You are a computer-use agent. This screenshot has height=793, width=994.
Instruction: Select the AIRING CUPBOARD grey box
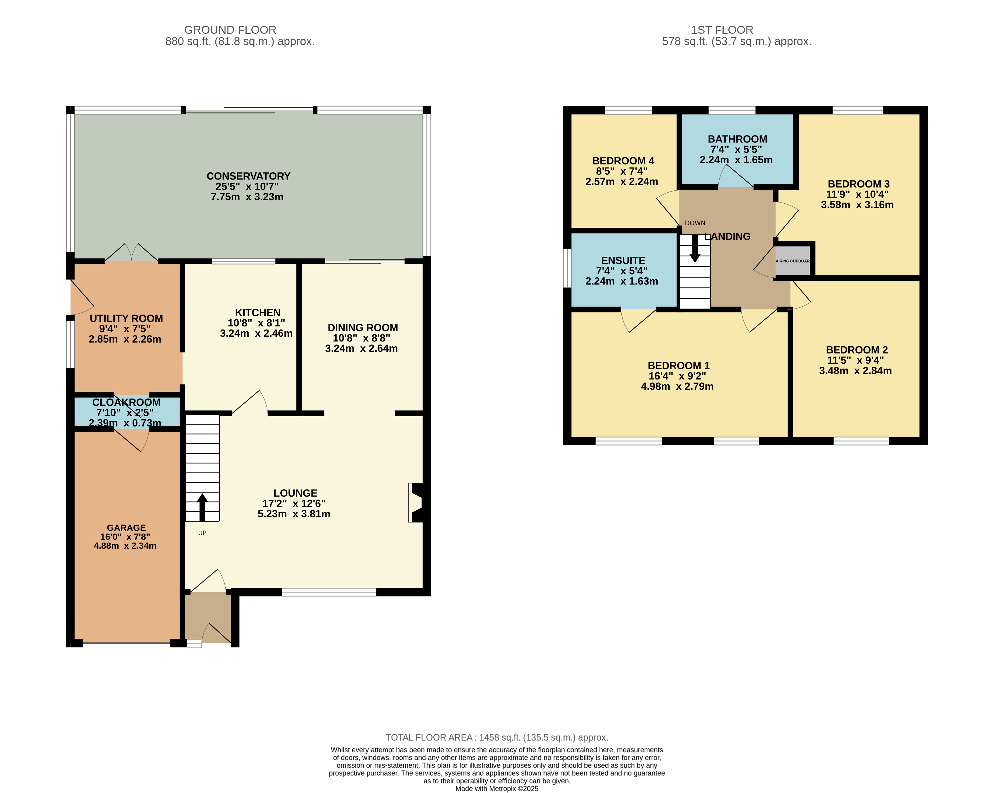[x=792, y=261]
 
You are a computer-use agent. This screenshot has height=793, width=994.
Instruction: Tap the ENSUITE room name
[x=623, y=260]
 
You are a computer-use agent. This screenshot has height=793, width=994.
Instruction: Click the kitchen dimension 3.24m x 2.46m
[x=256, y=333]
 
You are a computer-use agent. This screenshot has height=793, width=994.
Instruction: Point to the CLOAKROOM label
[x=126, y=402]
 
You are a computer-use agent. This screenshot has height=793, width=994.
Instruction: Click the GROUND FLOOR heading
[x=230, y=30]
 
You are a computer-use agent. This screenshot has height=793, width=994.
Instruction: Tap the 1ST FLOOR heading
[x=722, y=30]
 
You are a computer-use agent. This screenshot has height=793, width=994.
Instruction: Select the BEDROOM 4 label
[x=623, y=161]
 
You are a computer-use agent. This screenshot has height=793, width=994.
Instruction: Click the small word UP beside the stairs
[x=202, y=533]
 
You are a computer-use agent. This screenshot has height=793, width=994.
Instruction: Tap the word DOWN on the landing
[x=695, y=223]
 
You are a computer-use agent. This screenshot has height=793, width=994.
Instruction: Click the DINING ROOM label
[x=363, y=328]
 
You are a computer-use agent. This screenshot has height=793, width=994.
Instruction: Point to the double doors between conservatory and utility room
[x=132, y=252]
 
